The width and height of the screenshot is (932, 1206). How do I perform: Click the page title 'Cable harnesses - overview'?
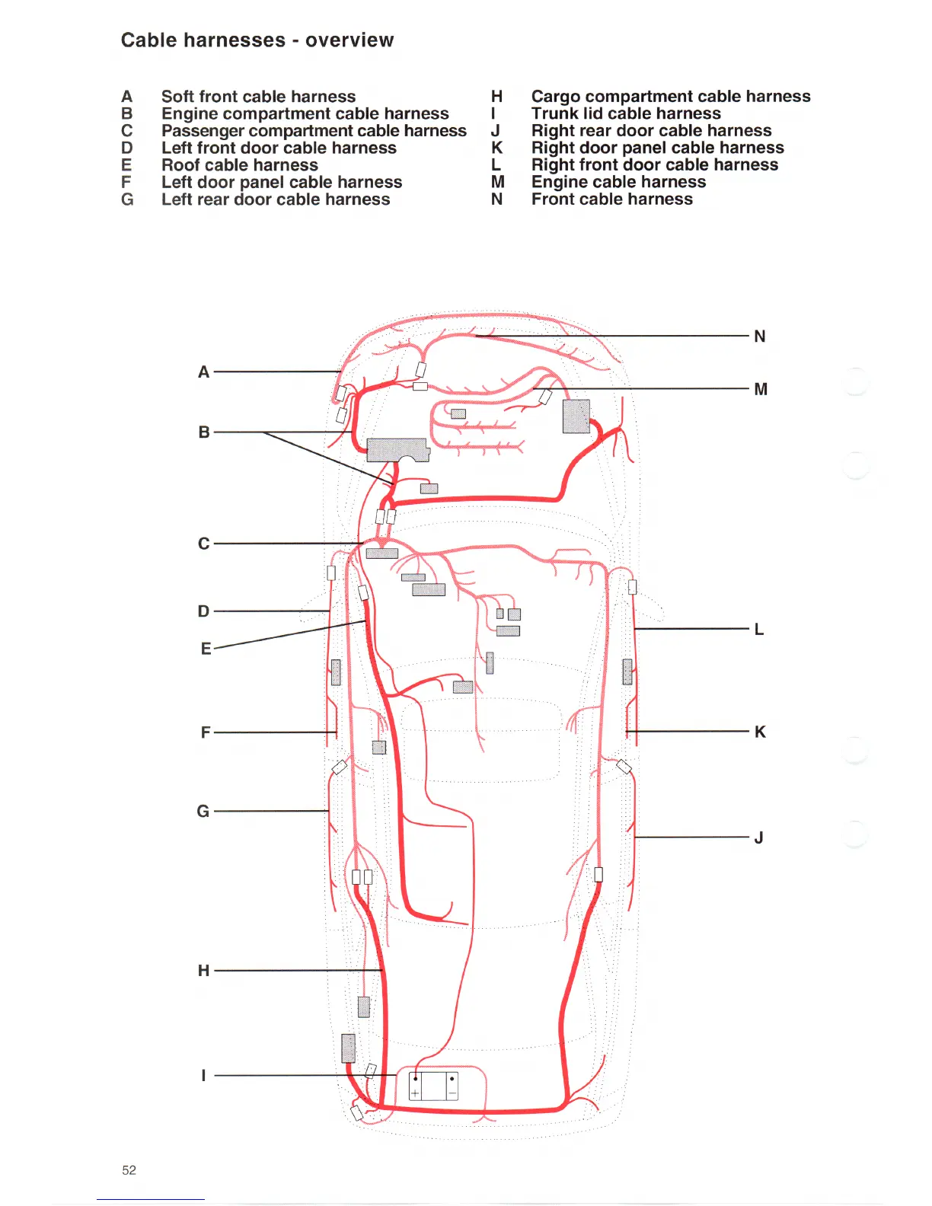[257, 40]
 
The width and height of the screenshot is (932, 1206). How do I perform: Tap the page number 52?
[129, 1170]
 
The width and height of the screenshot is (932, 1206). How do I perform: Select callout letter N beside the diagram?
[759, 337]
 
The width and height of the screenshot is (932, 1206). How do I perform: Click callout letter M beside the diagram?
[760, 390]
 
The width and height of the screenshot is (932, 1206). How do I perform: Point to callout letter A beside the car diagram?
[203, 372]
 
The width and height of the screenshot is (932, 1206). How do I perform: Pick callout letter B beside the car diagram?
[203, 432]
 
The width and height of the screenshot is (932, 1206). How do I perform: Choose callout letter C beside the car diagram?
[203, 544]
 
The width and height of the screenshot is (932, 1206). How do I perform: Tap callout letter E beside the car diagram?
[206, 649]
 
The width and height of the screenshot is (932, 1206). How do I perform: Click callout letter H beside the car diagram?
[203, 971]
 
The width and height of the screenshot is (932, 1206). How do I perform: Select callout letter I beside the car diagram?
[203, 1076]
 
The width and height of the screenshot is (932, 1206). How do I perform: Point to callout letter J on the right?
[758, 838]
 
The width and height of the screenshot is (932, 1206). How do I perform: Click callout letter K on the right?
[759, 732]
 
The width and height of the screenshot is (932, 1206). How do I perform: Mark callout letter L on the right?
[758, 630]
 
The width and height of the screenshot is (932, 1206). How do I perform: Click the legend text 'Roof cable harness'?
[239, 165]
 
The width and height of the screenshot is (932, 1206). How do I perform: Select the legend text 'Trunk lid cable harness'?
[625, 113]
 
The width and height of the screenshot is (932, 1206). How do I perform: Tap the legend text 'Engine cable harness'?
[618, 182]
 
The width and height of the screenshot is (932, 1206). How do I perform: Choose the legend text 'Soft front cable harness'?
[258, 97]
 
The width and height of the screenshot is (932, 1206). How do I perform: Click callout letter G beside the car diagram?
[203, 812]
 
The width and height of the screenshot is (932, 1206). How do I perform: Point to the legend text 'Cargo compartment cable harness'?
[670, 97]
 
